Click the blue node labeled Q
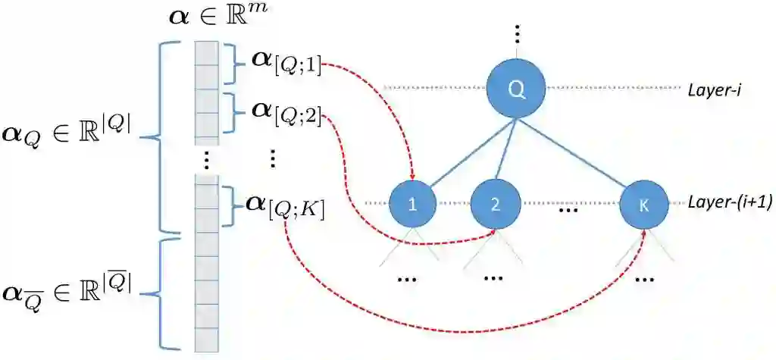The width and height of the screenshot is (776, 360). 516,89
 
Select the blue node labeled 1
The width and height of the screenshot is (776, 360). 413,204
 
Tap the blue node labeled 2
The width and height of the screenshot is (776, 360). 495,204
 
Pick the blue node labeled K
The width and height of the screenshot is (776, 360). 644,204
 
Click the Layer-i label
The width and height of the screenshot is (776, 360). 715,89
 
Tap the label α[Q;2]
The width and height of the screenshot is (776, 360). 286,113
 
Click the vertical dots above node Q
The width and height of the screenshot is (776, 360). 517,33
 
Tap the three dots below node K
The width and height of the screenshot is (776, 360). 644,279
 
